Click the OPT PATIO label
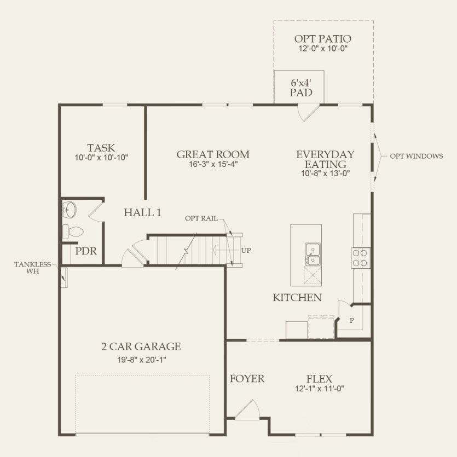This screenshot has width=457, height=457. coord(322,39)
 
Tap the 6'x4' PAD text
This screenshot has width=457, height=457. coord(301,88)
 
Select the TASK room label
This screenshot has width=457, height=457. coord(101,148)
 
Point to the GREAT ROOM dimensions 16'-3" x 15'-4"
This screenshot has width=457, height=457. coord(213,164)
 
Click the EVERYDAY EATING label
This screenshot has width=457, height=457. coord(325,159)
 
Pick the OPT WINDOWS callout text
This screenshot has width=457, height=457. coord(416,157)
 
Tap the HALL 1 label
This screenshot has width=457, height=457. coord(142,212)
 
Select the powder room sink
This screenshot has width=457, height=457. coord(70,209)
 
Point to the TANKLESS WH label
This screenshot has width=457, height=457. coord(33,268)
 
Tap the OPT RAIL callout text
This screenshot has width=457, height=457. coord(201,218)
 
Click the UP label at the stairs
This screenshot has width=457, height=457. coord(246,250)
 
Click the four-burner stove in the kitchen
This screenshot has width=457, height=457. coord(361,257)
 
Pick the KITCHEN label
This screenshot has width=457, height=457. coord(297,298)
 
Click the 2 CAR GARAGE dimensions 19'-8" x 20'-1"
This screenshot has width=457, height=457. coord(141,359)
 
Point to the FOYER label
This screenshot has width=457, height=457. coord(247,379)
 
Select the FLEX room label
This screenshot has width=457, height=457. coord(319,379)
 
